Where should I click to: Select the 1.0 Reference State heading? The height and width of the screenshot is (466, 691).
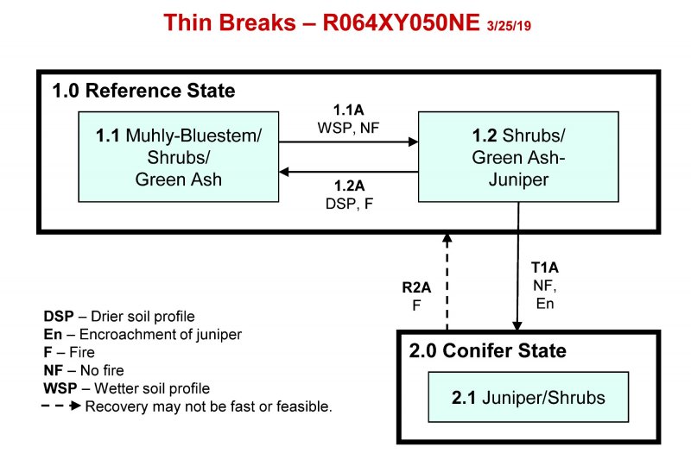143,91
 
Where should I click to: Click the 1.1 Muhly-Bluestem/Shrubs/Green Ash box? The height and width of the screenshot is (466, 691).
178,157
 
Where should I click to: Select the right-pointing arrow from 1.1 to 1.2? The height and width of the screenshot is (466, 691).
348,144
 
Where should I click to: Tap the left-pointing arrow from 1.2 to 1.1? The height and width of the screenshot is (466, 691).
348,171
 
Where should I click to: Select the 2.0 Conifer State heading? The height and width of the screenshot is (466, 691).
487,351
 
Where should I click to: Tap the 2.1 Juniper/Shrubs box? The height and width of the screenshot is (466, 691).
528,398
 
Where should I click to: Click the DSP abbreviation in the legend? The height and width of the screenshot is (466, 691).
58,316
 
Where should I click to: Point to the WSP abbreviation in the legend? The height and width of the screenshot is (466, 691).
59,388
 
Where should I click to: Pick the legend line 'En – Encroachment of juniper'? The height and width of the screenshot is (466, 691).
143,334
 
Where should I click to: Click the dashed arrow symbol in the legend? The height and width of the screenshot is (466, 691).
62,406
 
